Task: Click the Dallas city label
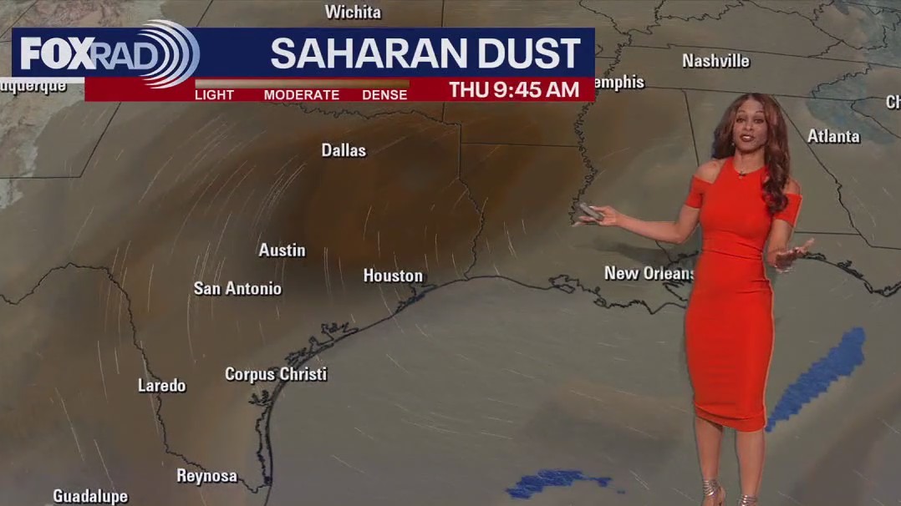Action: point(344,150)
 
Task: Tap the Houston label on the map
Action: point(393,276)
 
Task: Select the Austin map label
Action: point(282,250)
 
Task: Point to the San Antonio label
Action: point(237,288)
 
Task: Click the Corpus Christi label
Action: point(276,374)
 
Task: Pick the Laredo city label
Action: point(161,386)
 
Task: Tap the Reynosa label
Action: point(206,476)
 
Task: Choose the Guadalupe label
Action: point(90,496)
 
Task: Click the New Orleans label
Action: point(649,273)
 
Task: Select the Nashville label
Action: point(715,61)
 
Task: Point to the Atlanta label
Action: point(833,136)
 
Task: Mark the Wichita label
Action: point(353,13)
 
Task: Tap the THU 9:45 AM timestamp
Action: point(513,90)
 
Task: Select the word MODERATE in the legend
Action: point(302,95)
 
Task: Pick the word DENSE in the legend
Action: point(384,95)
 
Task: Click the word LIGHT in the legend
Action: point(214,95)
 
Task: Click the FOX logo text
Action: point(53,54)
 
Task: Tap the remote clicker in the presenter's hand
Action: point(590,211)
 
